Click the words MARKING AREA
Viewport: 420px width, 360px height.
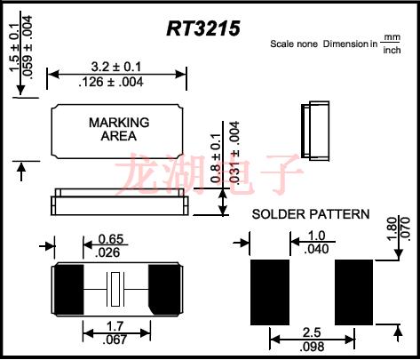coord(119,129)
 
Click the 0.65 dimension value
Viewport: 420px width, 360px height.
coord(110,238)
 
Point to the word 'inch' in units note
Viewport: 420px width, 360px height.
coord(391,50)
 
